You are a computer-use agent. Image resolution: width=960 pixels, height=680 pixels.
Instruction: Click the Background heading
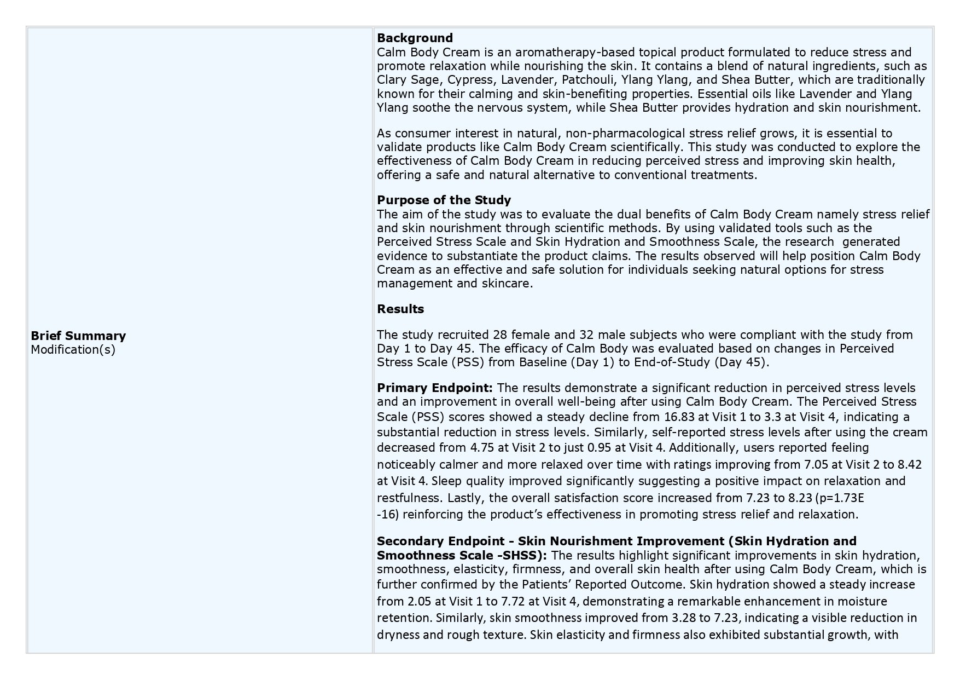click(x=415, y=38)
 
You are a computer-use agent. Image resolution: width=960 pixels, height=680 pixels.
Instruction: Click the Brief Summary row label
click(x=78, y=336)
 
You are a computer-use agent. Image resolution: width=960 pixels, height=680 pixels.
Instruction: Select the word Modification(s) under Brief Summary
click(x=73, y=349)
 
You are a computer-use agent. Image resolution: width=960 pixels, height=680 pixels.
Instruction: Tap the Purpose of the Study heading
click(x=444, y=200)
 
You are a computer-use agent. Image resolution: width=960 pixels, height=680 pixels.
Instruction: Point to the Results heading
click(x=400, y=309)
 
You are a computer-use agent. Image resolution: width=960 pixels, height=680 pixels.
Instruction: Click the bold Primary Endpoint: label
click(x=435, y=388)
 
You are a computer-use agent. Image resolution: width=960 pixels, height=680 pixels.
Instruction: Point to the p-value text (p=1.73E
click(x=839, y=498)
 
